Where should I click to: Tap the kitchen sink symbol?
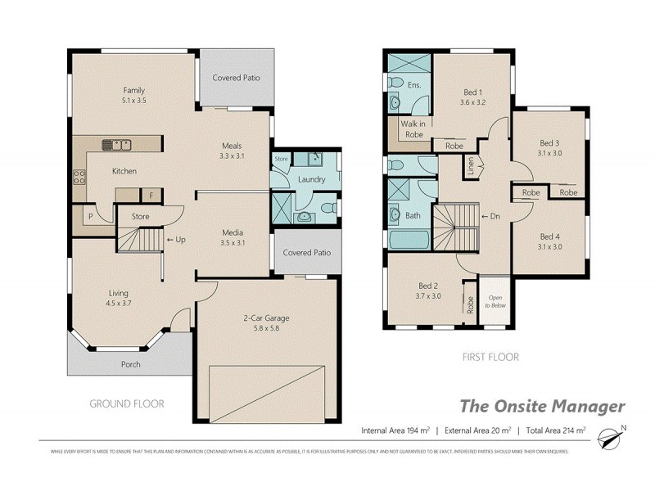pyautogui.click(x=116, y=146)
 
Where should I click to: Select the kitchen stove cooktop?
pyautogui.click(x=79, y=178)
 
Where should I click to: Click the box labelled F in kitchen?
pyautogui.click(x=151, y=195)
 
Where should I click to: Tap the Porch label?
pyautogui.click(x=130, y=364)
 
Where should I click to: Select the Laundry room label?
pyautogui.click(x=313, y=179)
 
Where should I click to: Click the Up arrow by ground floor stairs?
pyautogui.click(x=175, y=240)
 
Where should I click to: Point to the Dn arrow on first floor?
pyautogui.click(x=490, y=216)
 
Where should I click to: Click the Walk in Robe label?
pyautogui.click(x=412, y=129)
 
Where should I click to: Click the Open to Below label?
pyautogui.click(x=496, y=301)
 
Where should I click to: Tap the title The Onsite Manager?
pyautogui.click(x=541, y=406)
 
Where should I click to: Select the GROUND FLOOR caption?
pyautogui.click(x=126, y=403)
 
